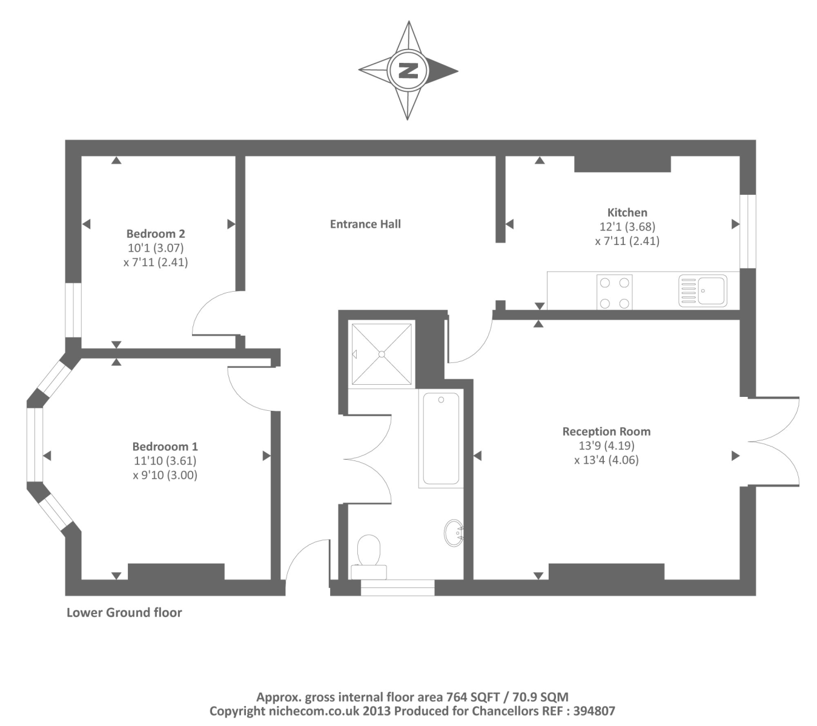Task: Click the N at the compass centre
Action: [408, 70]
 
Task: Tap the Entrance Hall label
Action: [365, 224]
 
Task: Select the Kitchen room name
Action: [627, 212]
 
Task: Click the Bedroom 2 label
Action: [156, 234]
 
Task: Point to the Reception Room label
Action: [606, 431]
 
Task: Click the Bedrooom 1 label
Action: [165, 446]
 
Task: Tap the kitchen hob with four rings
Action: [614, 292]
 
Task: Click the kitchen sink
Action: [703, 291]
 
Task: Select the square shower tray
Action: [382, 354]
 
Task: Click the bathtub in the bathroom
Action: [440, 438]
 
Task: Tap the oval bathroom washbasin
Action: [454, 532]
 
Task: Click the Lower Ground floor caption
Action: [124, 612]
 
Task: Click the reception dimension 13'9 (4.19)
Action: [606, 446]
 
